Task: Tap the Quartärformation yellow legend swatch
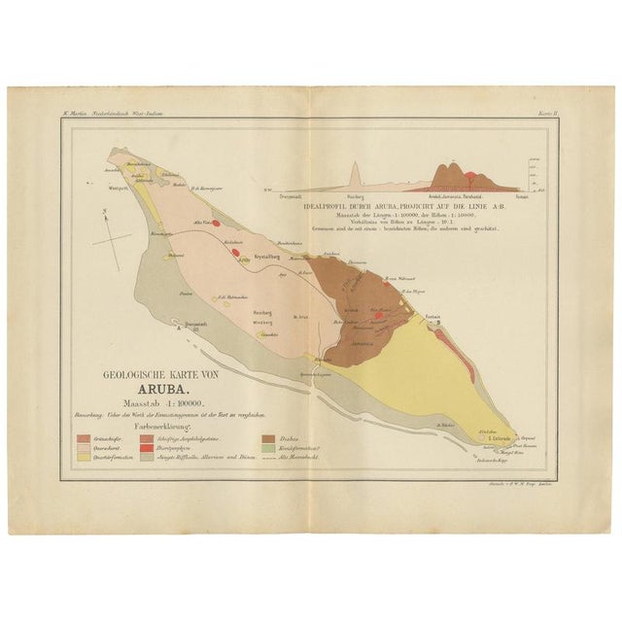click(x=84, y=457)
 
